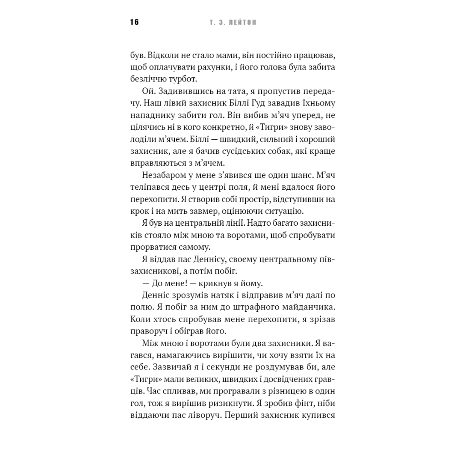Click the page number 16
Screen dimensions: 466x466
(x=134, y=22)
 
